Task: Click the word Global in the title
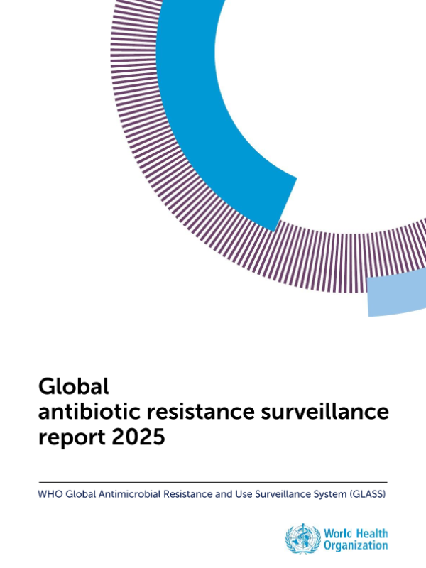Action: [74, 386]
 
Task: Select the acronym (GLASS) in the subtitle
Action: [367, 493]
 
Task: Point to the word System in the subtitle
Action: [329, 493]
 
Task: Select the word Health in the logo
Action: [371, 532]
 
